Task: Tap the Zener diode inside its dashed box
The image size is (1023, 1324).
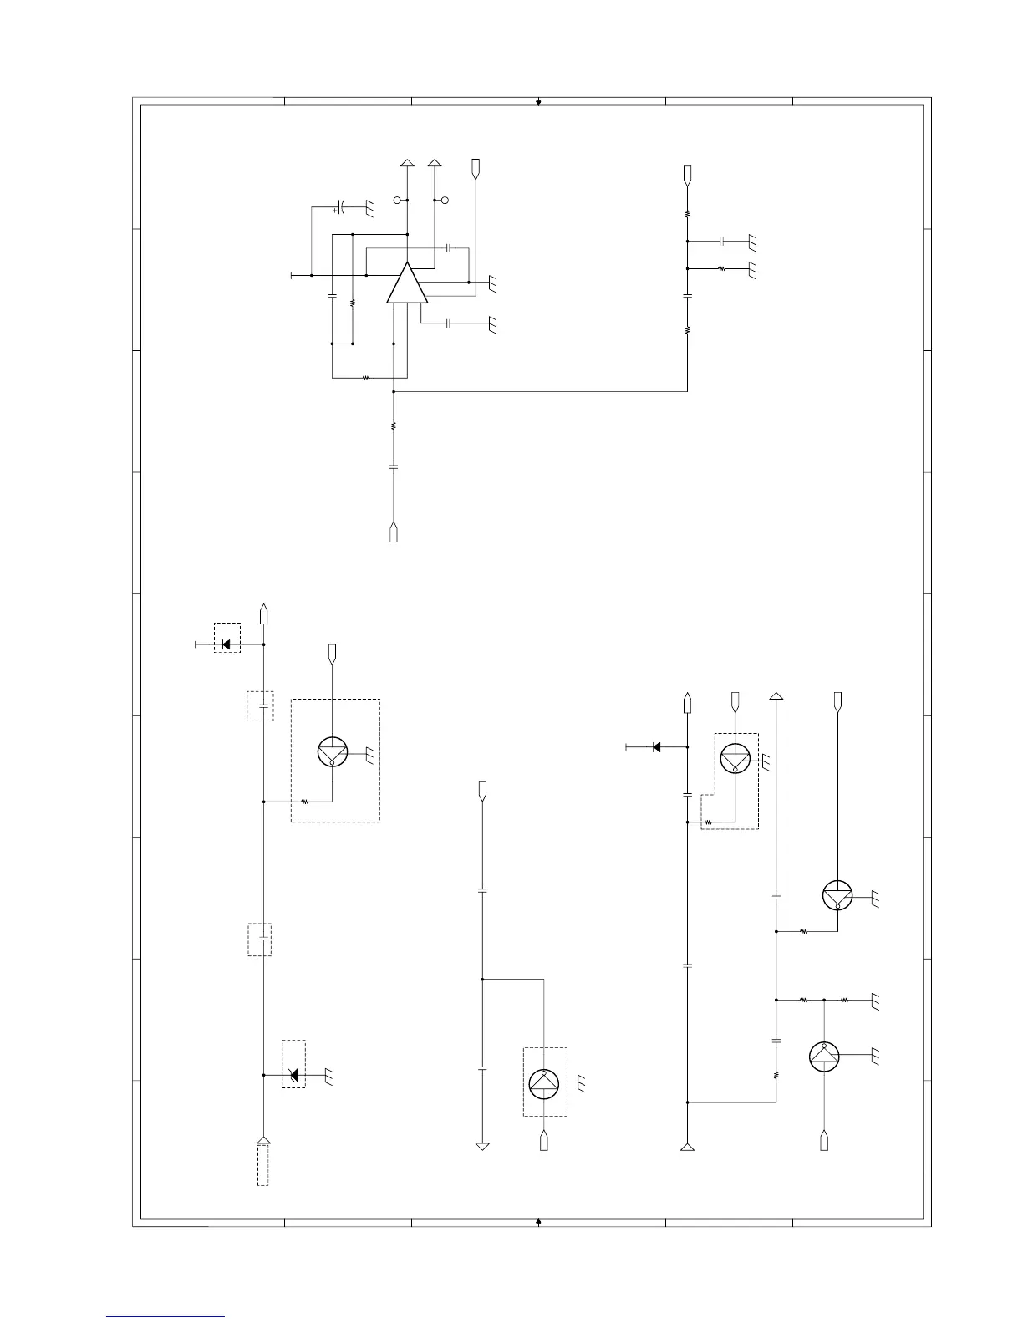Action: point(293,1075)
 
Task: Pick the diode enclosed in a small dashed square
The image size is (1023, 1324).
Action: point(226,644)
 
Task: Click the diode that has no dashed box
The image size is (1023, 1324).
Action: point(656,746)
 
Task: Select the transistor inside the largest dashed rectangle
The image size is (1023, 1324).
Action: point(333,752)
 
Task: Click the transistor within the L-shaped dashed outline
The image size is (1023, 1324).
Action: point(735,759)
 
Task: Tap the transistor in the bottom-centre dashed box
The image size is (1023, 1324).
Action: point(544,1082)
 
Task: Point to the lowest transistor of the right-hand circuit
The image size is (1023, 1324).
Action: point(824,1057)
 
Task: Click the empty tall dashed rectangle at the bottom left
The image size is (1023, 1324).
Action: point(262,1165)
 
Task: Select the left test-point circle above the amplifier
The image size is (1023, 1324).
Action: point(398,201)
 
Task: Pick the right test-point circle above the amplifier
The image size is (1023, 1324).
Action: point(445,201)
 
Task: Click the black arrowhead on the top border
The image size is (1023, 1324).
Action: point(539,103)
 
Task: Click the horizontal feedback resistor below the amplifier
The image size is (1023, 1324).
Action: point(366,378)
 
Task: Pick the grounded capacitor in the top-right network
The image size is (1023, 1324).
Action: point(720,241)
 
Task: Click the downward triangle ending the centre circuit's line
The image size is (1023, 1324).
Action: point(482,1146)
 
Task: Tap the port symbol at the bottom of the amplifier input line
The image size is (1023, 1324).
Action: point(394,532)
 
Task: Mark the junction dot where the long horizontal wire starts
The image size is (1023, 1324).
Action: point(394,391)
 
